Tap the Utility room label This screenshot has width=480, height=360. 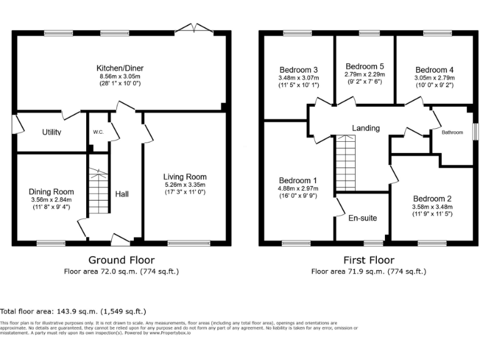[x=51, y=132]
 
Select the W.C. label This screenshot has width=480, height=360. [x=97, y=132]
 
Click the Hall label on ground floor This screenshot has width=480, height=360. [x=122, y=194]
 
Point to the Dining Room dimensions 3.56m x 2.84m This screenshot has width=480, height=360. [x=51, y=200]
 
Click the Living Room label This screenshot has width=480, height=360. [x=184, y=177]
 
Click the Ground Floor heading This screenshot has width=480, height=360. [x=121, y=260]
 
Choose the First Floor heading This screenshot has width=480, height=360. [x=369, y=260]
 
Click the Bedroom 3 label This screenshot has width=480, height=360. [x=299, y=69]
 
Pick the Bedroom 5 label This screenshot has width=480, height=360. [x=365, y=66]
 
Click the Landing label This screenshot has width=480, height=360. [x=366, y=128]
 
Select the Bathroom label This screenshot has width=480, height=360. [x=452, y=132]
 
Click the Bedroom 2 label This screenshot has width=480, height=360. [x=432, y=199]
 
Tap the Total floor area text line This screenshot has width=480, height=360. [x=73, y=311]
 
